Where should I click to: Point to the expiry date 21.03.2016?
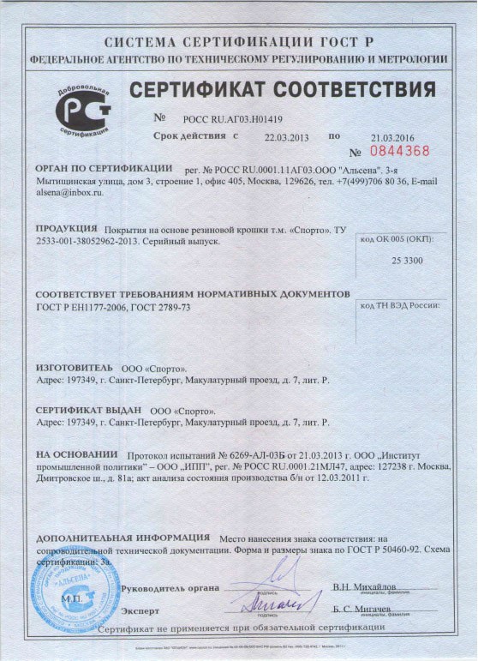click(392, 137)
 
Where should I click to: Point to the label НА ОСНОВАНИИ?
click(76, 454)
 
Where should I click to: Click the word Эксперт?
click(140, 611)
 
